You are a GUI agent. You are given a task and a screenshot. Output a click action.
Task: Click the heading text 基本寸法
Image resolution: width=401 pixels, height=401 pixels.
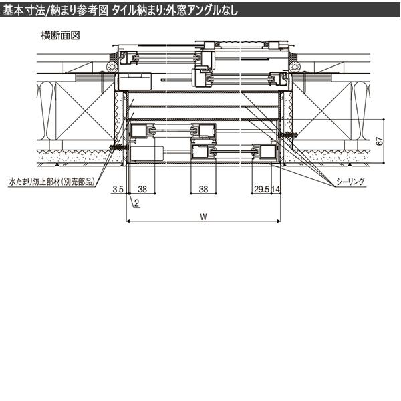coord(23,11)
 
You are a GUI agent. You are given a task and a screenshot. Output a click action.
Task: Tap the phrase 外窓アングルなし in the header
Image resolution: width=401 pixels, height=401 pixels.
coord(202,11)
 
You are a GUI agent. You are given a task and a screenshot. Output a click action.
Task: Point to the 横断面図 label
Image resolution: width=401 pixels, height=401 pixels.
coord(60,35)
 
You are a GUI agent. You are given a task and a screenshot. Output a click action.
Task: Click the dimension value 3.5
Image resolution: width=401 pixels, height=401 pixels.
coord(118,190)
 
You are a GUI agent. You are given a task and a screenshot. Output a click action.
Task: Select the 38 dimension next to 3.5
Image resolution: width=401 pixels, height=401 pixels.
coord(142,190)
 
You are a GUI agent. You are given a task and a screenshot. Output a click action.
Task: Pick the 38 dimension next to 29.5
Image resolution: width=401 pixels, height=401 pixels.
coord(203,190)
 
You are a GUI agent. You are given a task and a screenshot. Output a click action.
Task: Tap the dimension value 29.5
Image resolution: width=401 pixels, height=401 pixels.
coord(262,190)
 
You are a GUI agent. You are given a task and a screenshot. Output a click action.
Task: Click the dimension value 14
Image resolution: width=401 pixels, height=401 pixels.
coord(275,190)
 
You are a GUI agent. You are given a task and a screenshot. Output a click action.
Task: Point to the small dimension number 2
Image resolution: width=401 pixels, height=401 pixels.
coord(136,203)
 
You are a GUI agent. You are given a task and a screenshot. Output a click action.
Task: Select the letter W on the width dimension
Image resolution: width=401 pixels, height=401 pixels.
coord(203,217)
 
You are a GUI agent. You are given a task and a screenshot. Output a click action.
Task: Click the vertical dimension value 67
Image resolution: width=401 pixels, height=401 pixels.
coord(380,141)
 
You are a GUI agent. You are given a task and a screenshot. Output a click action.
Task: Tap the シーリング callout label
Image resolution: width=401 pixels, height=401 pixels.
coord(350,182)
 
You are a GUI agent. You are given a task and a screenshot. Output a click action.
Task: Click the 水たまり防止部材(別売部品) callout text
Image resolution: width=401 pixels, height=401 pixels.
coord(51,182)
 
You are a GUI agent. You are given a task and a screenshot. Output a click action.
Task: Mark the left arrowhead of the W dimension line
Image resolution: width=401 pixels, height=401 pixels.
coord(128,221)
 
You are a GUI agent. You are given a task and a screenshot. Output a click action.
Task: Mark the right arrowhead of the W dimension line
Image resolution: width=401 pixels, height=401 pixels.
coord(279,221)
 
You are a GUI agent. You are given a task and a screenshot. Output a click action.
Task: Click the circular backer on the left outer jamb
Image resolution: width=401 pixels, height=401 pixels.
coord(112,67)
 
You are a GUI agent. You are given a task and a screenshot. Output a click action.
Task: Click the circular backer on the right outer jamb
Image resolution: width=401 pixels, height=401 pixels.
coord(295,67)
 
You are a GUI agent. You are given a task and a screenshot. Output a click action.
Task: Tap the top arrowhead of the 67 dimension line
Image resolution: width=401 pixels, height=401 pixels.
coord(384,120)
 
